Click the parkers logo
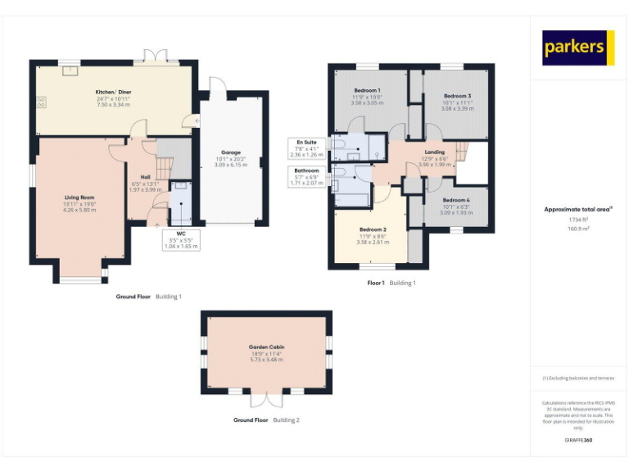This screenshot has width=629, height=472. click(x=578, y=48)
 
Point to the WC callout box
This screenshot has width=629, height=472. click(x=181, y=239)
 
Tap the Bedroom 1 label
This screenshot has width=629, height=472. click(x=367, y=90)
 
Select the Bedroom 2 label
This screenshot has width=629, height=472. click(x=373, y=230)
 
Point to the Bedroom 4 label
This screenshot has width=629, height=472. click(x=456, y=201)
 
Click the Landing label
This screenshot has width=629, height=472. click(x=434, y=152)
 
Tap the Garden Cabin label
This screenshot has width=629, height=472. click(x=267, y=347)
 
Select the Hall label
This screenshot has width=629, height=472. click(x=145, y=177)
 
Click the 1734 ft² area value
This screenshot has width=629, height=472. click(x=578, y=219)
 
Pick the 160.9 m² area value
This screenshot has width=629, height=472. click(x=578, y=229)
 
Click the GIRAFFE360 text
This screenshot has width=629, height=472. click(x=578, y=441)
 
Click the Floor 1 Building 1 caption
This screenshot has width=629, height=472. click(x=391, y=283)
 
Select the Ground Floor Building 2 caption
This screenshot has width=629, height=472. click(x=267, y=420)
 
